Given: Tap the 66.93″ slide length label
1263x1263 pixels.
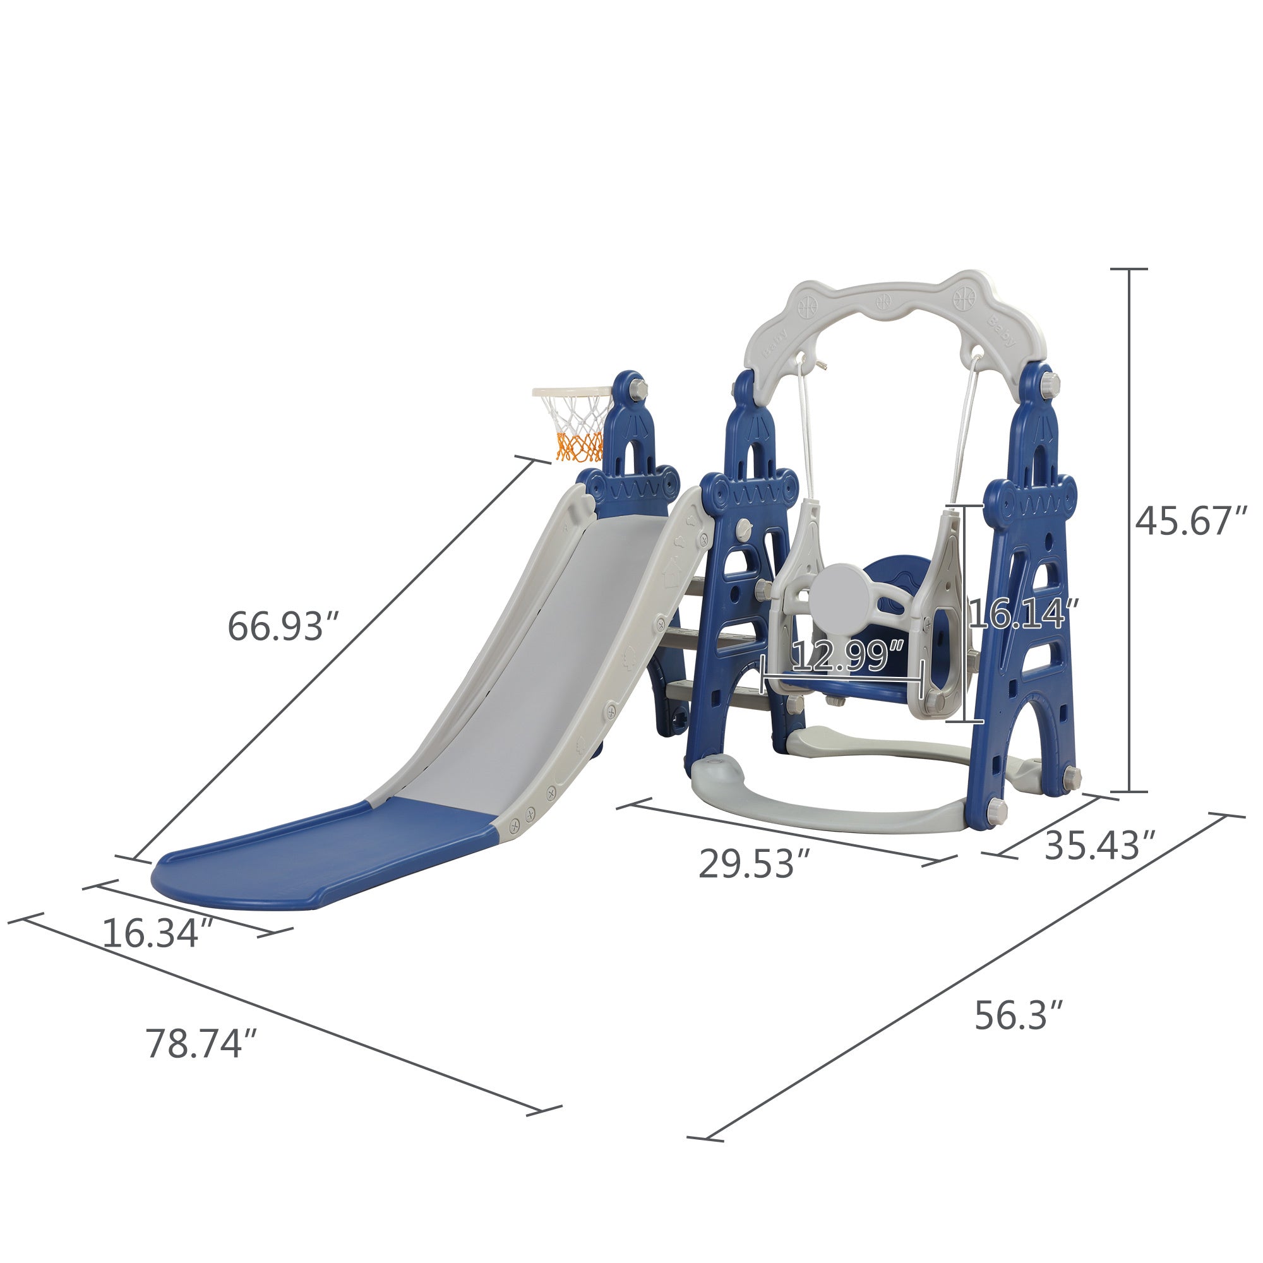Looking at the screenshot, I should [x=284, y=626].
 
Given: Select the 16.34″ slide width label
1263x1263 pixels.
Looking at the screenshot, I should [x=157, y=933].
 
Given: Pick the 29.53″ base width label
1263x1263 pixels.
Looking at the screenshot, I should [x=756, y=863].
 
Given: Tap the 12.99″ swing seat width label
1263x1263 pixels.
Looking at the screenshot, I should [x=849, y=655].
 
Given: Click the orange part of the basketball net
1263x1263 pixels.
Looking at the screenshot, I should [x=577, y=446].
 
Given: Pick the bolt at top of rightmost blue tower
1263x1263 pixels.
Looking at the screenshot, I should [x=1051, y=380].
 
